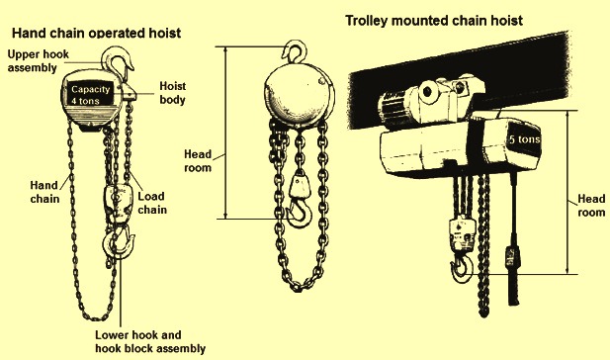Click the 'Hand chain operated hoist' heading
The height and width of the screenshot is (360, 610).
pyautogui.click(x=97, y=33)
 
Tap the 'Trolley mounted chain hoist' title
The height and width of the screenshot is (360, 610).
pyautogui.click(x=434, y=20)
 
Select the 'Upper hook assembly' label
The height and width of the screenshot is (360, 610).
pyautogui.click(x=39, y=60)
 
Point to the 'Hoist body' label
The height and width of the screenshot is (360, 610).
pyautogui.click(x=173, y=93)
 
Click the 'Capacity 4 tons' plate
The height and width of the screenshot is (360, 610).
pyautogui.click(x=91, y=95)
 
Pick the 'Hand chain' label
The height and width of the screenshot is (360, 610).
pyautogui.click(x=44, y=192)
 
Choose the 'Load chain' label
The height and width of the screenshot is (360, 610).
pyautogui.click(x=152, y=203)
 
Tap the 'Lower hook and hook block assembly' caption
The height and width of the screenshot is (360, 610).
pyautogui.click(x=150, y=342)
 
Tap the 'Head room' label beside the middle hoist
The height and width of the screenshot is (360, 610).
pyautogui.click(x=198, y=161)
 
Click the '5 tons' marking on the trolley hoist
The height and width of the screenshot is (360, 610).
pyautogui.click(x=525, y=138)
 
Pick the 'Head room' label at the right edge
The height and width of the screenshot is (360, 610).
pyautogui.click(x=591, y=206)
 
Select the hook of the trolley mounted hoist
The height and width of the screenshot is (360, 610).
pyautogui.click(x=462, y=268)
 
